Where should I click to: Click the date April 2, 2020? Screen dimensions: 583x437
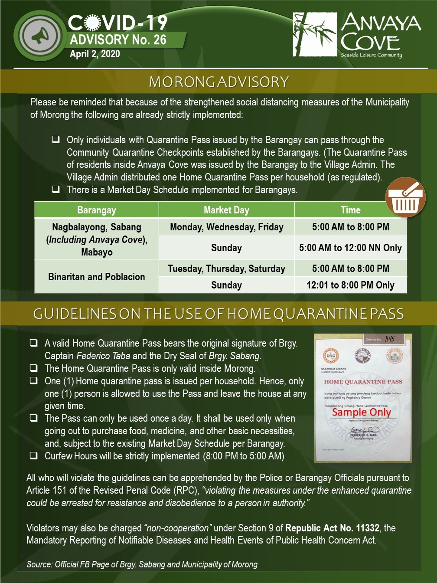pos(95,54)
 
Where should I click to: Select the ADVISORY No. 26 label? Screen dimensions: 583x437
pos(118,40)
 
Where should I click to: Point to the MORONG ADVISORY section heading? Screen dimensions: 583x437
pos(218,82)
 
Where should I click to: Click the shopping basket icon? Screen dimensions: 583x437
pos(405,199)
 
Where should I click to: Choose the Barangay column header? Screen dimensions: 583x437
pos(97,210)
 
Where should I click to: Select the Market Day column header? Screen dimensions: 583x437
pos(226,210)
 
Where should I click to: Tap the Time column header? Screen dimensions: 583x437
pos(350,210)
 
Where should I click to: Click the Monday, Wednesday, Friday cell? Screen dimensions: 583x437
pos(226,227)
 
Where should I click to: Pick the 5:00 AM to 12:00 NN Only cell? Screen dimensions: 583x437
pos(350,248)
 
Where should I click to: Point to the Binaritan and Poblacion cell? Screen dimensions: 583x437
pos(97,277)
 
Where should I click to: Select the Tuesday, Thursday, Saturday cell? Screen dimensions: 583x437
pos(226,269)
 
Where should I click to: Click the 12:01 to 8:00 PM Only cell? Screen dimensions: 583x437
pos(350,285)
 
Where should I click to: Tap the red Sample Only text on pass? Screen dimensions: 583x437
pos(362,412)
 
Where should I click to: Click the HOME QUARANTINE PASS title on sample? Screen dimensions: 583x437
pos(363,382)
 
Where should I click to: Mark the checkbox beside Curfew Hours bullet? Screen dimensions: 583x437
pos(33,456)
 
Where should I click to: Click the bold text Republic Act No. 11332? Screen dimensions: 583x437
pos(332,528)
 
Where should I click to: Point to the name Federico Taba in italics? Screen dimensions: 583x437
pos(103,356)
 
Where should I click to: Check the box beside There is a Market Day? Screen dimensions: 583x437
pos(55,190)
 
